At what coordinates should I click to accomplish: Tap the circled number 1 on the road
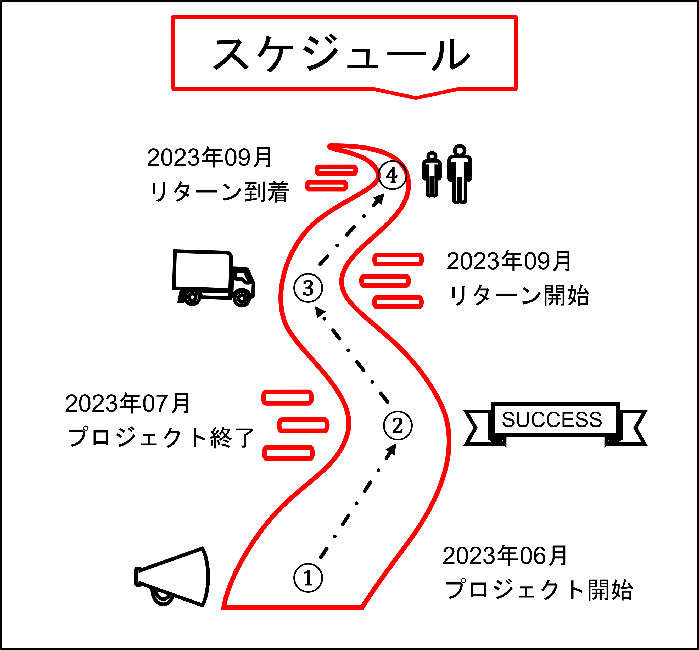[x=308, y=578]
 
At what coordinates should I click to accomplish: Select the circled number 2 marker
[x=398, y=426]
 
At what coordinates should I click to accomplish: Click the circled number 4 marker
[x=392, y=175]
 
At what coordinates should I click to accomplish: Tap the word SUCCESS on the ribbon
[x=552, y=419]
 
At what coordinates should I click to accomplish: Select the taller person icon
[x=460, y=174]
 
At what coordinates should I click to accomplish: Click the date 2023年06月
[x=505, y=556]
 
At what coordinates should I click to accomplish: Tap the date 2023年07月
[x=127, y=404]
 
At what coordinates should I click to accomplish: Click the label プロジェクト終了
[x=161, y=437]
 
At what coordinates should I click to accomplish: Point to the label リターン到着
[x=219, y=192]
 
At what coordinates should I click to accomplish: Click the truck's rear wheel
[x=192, y=298]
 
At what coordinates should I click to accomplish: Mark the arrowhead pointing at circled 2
[x=392, y=450]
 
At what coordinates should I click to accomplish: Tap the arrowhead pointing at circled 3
[x=319, y=311]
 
